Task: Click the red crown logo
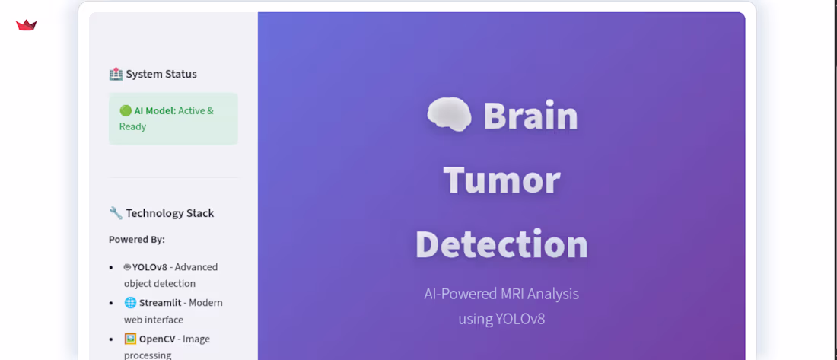point(27,25)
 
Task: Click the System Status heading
point(161,74)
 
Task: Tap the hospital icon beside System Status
point(116,74)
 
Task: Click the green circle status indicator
point(126,110)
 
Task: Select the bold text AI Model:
point(155,110)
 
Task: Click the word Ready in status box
point(132,126)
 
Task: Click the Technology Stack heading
point(170,213)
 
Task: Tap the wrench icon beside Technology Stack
point(116,213)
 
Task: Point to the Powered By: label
point(137,239)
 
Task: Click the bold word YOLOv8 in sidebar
point(149,267)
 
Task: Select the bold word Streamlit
point(160,302)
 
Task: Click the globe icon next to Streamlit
point(130,302)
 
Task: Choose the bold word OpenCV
point(157,339)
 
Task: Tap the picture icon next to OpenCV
point(130,339)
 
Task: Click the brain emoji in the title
point(449,116)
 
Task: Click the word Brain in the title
point(530,116)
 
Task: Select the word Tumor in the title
point(501,180)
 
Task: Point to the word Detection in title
point(501,244)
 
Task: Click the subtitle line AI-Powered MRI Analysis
point(501,294)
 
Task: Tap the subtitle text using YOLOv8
point(501,318)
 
